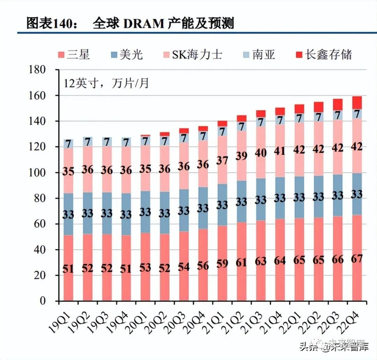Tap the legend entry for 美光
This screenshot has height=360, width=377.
tap(127, 54)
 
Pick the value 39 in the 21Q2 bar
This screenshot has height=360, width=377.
tap(241, 156)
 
